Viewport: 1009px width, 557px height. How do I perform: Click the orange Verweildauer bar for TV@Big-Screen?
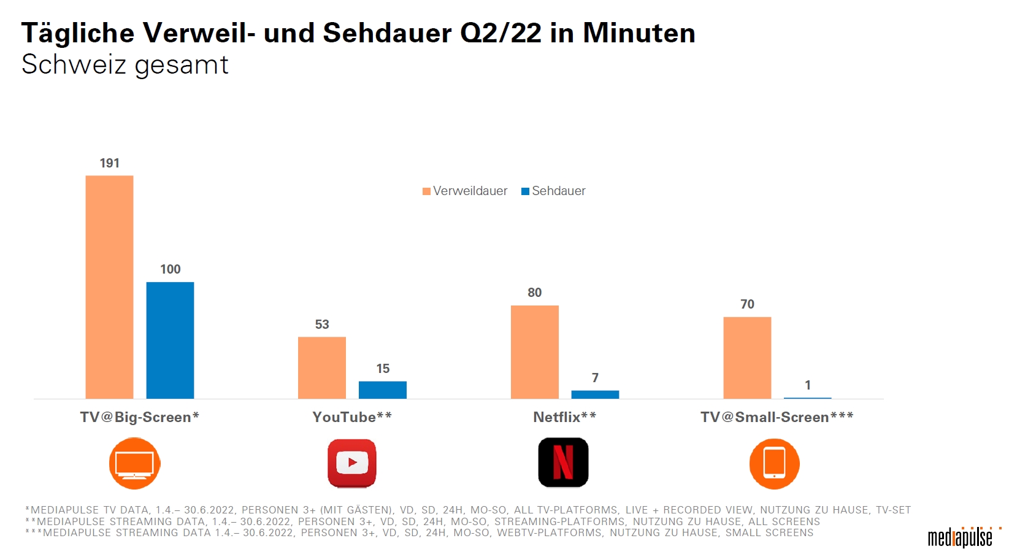[109, 287]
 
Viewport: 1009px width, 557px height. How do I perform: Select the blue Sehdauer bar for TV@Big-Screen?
[170, 340]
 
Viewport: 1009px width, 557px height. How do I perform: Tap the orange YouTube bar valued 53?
[321, 367]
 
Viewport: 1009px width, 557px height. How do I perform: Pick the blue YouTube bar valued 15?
[382, 390]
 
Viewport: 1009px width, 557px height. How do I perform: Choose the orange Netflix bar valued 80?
[534, 352]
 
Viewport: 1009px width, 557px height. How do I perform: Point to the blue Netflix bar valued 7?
[595, 394]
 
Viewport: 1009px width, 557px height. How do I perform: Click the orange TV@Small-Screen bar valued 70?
[746, 358]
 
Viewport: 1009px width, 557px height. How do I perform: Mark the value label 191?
[110, 163]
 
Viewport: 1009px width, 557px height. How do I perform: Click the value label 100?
[171, 269]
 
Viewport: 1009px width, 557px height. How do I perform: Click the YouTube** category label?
[352, 417]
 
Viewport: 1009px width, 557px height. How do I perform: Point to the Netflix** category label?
[564, 417]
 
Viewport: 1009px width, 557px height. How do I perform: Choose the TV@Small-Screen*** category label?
[777, 417]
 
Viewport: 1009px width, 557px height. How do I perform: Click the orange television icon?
[135, 463]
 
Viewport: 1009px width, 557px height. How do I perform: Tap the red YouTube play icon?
[352, 463]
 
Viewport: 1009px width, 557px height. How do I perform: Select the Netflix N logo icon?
[563, 463]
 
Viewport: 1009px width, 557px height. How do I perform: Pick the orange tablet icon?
[774, 463]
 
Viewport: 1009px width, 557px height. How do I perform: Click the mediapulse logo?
[961, 537]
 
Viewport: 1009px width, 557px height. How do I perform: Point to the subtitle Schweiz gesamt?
[125, 65]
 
